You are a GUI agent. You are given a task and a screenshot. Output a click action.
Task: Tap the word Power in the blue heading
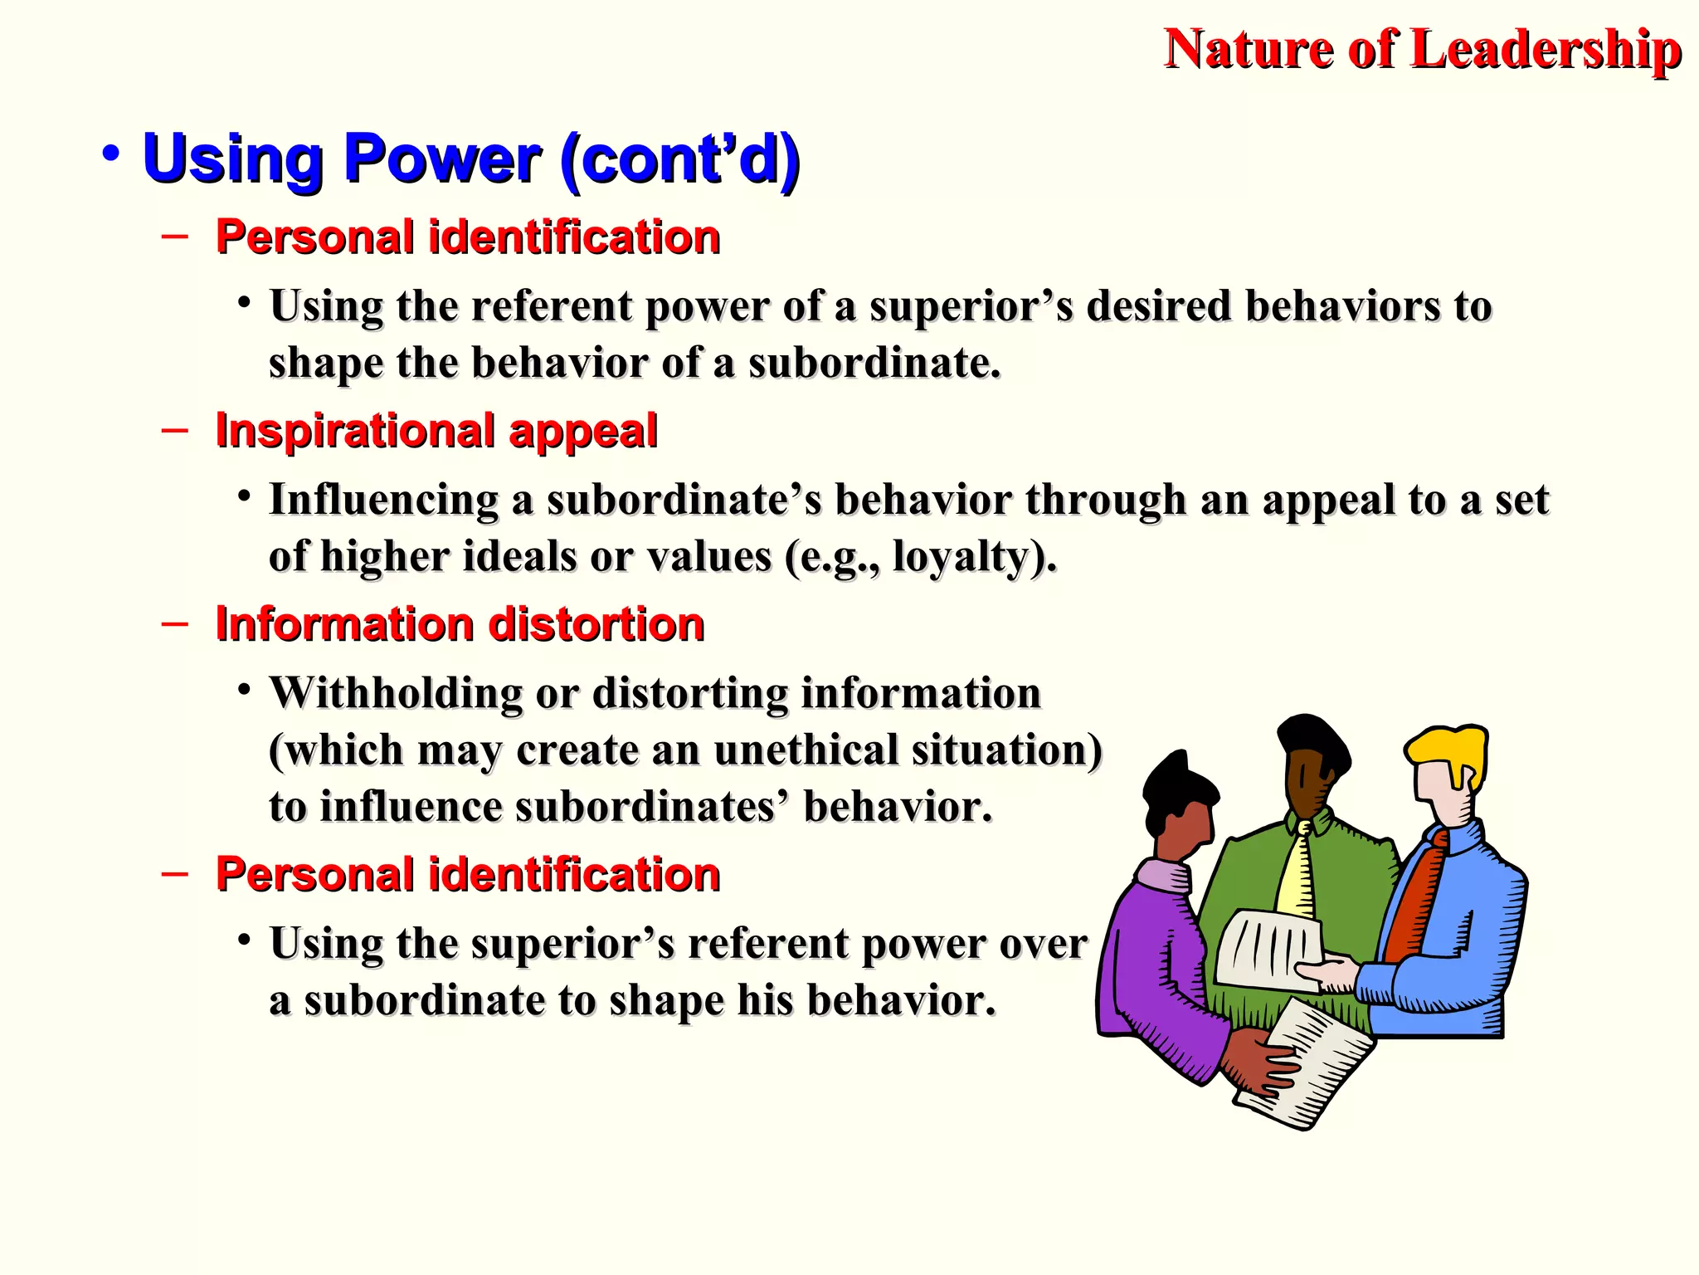[x=442, y=159]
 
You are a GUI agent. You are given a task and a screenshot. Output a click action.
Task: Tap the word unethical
[x=806, y=750]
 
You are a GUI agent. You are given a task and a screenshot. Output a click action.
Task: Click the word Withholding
[x=395, y=693]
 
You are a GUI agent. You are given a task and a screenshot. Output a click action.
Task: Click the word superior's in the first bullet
[x=971, y=306]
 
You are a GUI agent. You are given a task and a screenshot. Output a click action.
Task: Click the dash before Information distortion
[x=175, y=623]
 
